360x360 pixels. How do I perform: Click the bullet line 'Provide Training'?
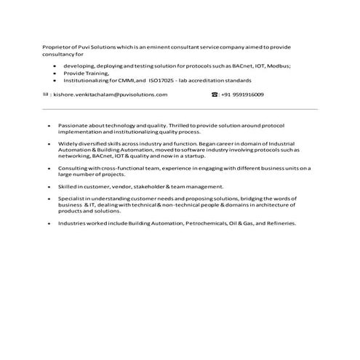[86, 73]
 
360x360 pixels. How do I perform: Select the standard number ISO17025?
[163, 81]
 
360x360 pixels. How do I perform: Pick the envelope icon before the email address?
[45, 95]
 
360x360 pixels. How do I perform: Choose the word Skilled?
[66, 186]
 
